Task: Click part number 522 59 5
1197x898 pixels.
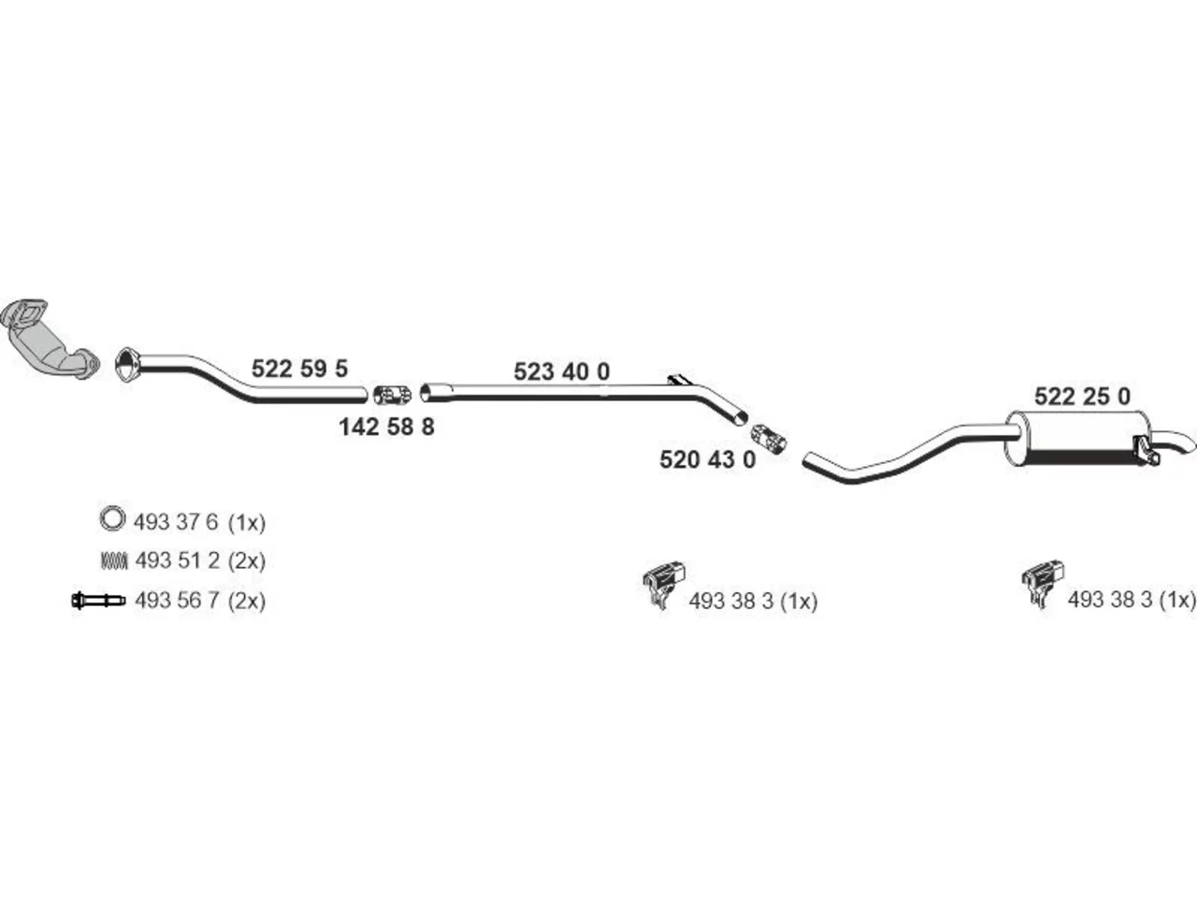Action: pyautogui.click(x=299, y=369)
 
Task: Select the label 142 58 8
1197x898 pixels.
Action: pyautogui.click(x=386, y=427)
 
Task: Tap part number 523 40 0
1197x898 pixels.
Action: pyautogui.click(x=562, y=372)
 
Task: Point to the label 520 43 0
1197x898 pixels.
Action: pyautogui.click(x=707, y=459)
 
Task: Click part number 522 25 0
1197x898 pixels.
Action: pyautogui.click(x=1083, y=397)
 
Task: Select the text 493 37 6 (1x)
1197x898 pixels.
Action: pyautogui.click(x=199, y=522)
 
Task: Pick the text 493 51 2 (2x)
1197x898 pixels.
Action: pyautogui.click(x=200, y=560)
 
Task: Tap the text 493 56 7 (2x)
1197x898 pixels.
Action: pyautogui.click(x=200, y=601)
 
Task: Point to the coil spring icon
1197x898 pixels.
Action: pyautogui.click(x=114, y=560)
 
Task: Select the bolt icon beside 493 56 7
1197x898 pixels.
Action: pyautogui.click(x=99, y=601)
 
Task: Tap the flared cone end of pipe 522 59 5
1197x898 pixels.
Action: pyautogui.click(x=128, y=364)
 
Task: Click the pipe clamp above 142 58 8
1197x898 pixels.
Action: pyautogui.click(x=393, y=395)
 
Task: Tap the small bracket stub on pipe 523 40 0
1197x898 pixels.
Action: pyautogui.click(x=680, y=380)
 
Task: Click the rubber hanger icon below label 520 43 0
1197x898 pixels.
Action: pyautogui.click(x=664, y=586)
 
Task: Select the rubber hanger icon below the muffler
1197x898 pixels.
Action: pyautogui.click(x=1043, y=584)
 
